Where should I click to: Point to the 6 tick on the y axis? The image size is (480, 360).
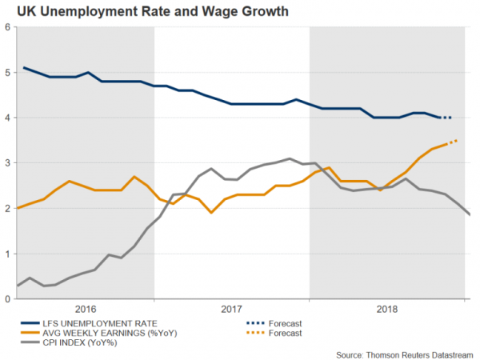[7, 27]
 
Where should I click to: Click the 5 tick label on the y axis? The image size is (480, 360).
[7, 72]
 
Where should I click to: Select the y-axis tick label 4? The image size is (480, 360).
[7, 118]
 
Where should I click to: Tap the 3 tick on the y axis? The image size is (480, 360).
[7, 163]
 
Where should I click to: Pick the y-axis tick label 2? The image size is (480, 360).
[7, 209]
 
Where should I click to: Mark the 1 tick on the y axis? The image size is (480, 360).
[7, 254]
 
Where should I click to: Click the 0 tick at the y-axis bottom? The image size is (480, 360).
[7, 299]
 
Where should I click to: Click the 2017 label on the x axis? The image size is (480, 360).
[231, 308]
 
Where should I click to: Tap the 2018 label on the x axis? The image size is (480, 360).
[387, 308]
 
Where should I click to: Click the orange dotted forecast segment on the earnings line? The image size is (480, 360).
[452, 142]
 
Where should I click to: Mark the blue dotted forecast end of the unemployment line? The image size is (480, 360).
[446, 118]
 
